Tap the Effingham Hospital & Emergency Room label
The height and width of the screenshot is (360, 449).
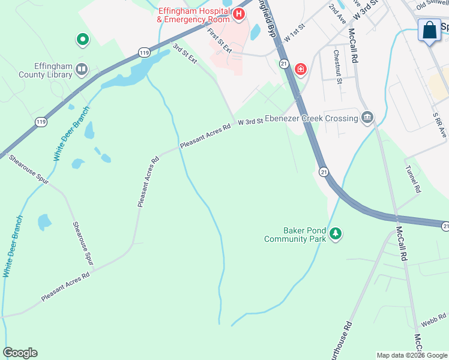point(193,15)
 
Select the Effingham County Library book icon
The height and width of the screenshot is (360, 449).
point(82,71)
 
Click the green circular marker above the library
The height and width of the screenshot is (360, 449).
point(82,40)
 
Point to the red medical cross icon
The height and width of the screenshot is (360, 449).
point(301,70)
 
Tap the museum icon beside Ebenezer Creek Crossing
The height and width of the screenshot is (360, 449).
point(367,117)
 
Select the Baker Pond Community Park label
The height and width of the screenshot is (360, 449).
point(295,235)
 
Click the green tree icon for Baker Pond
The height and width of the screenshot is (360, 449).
point(336,234)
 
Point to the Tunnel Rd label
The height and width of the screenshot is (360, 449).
point(413,179)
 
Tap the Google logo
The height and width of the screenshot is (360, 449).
point(20,353)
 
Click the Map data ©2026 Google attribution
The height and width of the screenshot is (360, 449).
point(412,355)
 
